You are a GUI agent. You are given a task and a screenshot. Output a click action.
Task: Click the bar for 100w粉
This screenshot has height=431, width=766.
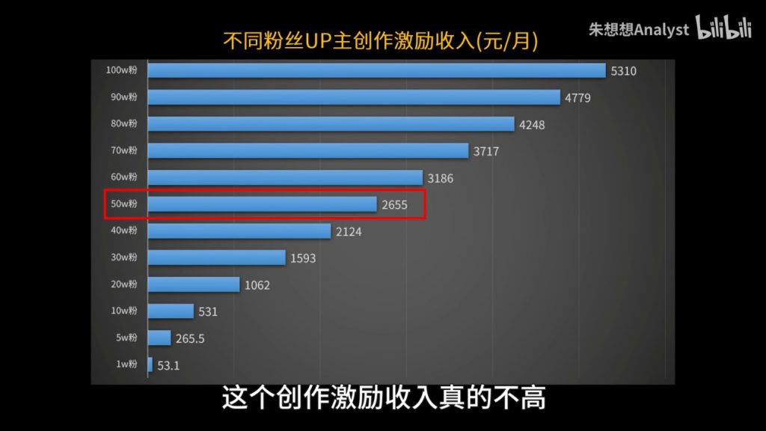[x=376, y=70]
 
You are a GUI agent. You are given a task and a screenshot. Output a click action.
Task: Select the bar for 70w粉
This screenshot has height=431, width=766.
[x=308, y=151]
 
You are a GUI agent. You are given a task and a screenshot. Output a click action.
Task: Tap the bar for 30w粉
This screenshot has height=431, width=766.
[x=217, y=257]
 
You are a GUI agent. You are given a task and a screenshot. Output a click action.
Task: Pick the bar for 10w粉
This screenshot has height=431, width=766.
[x=171, y=311]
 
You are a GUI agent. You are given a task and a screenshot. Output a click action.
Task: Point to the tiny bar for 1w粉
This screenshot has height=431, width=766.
[x=150, y=365]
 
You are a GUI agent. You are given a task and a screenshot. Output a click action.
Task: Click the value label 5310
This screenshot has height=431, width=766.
[x=624, y=71]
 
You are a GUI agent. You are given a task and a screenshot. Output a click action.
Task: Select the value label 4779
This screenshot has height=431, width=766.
[x=578, y=98]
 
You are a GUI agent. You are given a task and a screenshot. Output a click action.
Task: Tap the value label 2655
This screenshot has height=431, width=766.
[x=394, y=205]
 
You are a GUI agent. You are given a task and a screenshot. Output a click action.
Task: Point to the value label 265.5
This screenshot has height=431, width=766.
[x=190, y=339]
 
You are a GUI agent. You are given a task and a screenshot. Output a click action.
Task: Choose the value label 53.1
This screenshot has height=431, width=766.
[x=168, y=366]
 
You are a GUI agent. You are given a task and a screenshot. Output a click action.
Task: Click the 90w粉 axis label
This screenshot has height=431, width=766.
[x=123, y=97]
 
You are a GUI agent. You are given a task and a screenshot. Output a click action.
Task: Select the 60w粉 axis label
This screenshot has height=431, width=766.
[x=123, y=177]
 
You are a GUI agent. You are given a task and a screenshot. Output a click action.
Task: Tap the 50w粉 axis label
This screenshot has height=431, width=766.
[x=123, y=204]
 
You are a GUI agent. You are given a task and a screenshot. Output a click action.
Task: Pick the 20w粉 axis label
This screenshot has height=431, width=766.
[x=123, y=284]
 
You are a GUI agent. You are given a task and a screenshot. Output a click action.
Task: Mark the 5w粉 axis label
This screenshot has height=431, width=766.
[x=126, y=338]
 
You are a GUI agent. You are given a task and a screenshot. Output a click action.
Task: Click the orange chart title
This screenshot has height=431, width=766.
[x=382, y=41]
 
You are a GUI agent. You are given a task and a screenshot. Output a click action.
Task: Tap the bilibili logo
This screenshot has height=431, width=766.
[x=724, y=28]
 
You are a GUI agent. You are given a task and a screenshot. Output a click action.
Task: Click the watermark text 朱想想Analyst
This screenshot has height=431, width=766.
[x=639, y=29]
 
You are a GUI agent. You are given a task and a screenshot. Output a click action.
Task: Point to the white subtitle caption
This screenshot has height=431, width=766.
[x=383, y=397]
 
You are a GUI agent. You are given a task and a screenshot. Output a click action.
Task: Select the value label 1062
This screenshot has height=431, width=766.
[x=257, y=285]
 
